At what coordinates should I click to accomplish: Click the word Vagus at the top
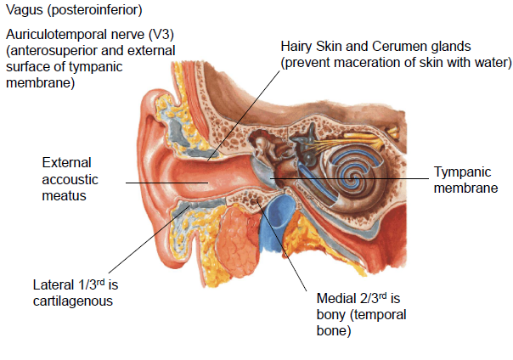tap(25, 10)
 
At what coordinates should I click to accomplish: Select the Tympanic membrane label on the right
tap(465, 180)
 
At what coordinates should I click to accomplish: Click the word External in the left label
tap(66, 162)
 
